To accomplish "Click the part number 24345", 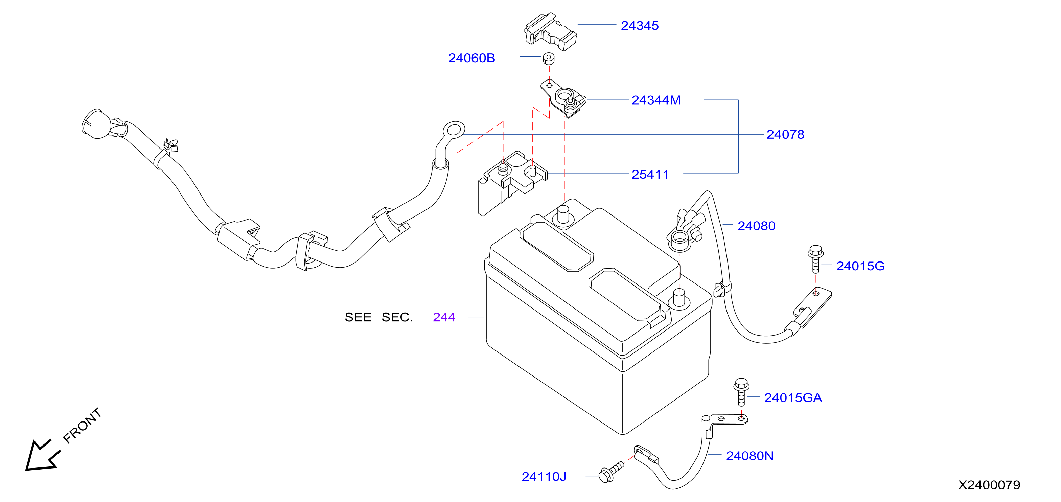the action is [x=640, y=25].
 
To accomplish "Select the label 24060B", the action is [x=471, y=58].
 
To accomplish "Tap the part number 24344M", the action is [x=656, y=100].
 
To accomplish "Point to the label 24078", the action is [x=785, y=134].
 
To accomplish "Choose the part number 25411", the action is [x=650, y=174].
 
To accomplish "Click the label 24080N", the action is [x=749, y=456].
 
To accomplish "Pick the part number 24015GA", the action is [x=793, y=397].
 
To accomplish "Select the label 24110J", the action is [x=544, y=477].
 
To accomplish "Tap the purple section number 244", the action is [x=444, y=317].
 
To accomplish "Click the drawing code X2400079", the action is [x=989, y=485].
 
